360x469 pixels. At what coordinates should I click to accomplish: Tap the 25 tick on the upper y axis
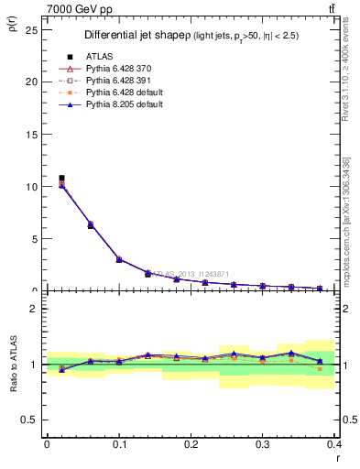33,28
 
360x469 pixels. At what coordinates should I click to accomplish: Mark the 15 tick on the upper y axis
33,134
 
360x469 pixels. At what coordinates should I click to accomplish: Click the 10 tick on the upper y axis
33,186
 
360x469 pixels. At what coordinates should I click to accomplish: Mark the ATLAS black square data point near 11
61,178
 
